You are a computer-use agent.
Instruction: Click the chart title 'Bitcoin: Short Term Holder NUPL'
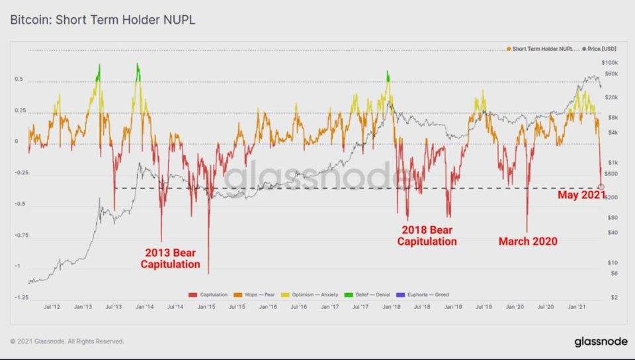coord(103,20)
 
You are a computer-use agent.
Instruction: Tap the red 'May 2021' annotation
coord(581,195)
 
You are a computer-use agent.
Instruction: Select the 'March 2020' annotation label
coord(527,242)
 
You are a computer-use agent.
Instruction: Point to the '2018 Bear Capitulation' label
coord(427,236)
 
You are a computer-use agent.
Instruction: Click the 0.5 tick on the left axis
coord(19,80)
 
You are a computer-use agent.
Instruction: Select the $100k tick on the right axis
coord(609,62)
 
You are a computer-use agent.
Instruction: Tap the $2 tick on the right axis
coord(614,298)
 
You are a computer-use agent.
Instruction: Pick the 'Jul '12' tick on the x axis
coord(52,307)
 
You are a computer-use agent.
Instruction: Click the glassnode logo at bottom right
coord(600,341)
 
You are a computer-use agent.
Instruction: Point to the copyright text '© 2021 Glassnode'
coord(67,341)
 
